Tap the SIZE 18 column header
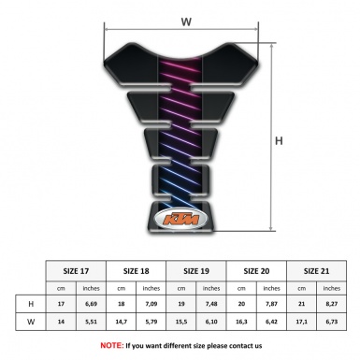click(138, 269)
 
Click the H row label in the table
click(32, 304)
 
